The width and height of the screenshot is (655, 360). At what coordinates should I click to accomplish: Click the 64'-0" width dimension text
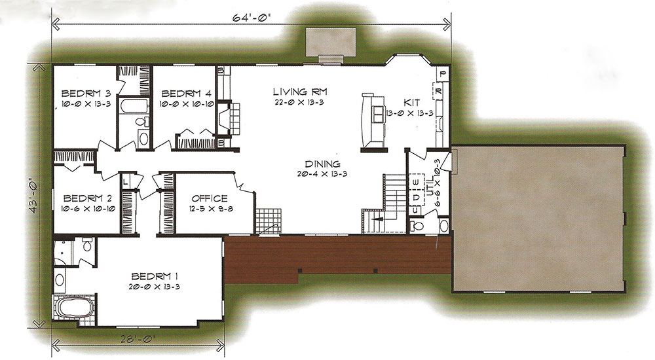coord(252,18)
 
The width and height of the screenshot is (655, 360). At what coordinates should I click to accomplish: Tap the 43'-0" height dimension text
coord(34,197)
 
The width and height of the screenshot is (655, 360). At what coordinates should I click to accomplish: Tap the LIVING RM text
coord(300,92)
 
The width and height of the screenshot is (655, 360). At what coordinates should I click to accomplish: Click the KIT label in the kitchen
coord(412,102)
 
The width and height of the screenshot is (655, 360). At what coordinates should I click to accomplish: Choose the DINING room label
coord(322,164)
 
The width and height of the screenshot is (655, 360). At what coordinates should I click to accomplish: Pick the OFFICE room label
coord(210,198)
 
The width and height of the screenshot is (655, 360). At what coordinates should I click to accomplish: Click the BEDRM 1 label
coord(155,276)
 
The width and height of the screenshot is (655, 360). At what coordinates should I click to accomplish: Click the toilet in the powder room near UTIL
coord(417,226)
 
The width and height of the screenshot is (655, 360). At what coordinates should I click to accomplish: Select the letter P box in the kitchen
coord(443,74)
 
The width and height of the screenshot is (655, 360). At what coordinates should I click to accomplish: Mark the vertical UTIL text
coord(430,187)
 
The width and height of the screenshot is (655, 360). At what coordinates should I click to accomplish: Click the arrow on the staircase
coord(378,218)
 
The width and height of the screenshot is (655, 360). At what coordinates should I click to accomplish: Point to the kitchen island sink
coord(379,114)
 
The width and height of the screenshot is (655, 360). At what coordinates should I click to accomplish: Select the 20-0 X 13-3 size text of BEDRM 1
coord(155,287)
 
